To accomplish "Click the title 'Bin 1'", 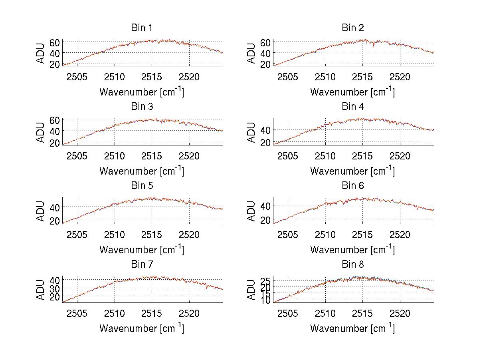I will (x=142, y=28).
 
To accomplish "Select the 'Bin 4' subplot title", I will (x=352, y=107).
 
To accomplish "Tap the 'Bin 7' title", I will (x=142, y=265).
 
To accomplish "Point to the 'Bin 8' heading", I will (x=352, y=265).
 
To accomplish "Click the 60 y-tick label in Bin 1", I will (x=55, y=42).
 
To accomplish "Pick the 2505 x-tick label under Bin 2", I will (x=287, y=77).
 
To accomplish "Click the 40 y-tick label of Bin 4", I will (x=265, y=130).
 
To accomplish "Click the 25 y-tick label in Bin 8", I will (x=265, y=281).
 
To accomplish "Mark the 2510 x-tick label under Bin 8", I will (x=325, y=313).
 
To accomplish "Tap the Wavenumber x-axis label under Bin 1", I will (x=142, y=92).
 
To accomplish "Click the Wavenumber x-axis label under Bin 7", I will (x=142, y=328).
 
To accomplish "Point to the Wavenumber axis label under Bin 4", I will (x=352, y=171).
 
